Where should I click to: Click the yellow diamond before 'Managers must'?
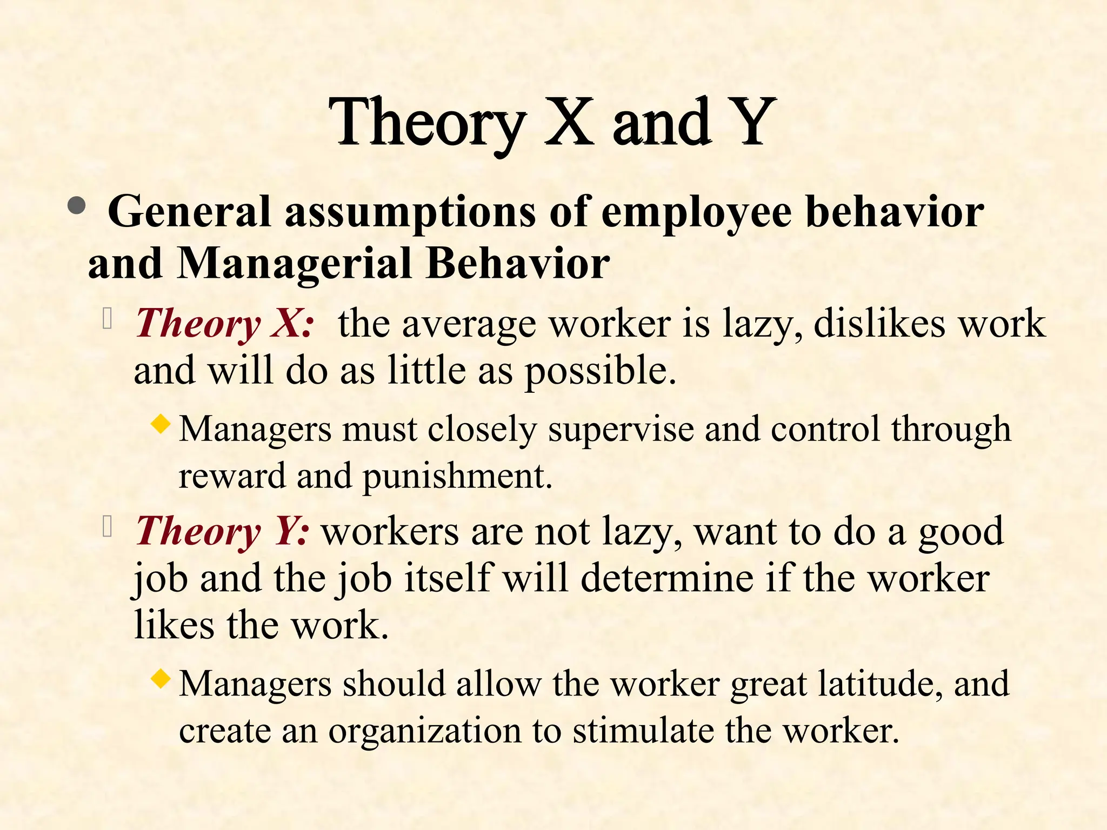point(161,423)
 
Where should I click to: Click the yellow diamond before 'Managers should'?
point(161,678)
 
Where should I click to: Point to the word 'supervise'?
point(621,430)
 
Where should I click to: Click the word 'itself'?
point(449,578)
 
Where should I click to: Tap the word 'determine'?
point(667,578)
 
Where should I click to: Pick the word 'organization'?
point(425,731)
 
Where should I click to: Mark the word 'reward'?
point(232,476)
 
